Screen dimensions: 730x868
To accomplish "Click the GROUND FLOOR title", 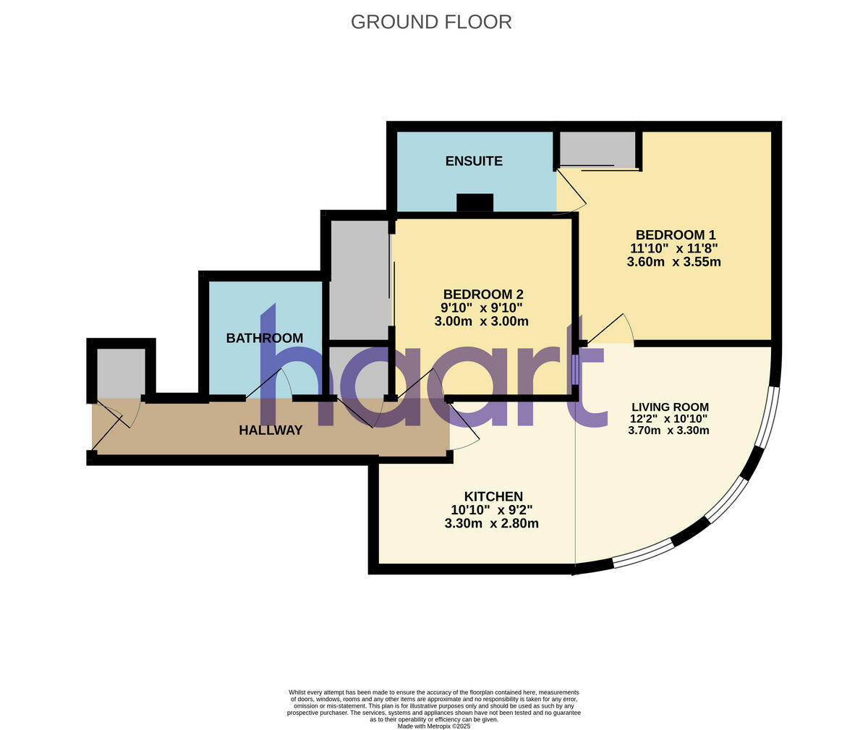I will coord(431,22).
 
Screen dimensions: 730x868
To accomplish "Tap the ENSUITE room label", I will coord(474,161).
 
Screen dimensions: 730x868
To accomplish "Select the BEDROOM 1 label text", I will coord(676,235).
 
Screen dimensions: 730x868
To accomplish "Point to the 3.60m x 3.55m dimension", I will coord(673,262).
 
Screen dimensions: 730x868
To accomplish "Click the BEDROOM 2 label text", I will coord(482,294).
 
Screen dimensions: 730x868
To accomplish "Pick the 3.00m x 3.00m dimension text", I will coord(481,321).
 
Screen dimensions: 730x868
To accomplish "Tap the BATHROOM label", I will coord(264,338).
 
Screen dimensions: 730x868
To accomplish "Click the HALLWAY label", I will coord(271,430).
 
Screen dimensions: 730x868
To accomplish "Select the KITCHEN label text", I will coord(493,496).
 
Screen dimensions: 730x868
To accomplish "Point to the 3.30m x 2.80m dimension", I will coord(491,523).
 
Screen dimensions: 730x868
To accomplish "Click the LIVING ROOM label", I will coord(670,407).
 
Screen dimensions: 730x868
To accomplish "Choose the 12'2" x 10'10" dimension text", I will coord(668,418).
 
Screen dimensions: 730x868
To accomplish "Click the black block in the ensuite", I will coord(475,203).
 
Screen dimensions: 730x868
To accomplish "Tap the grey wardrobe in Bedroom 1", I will coord(597,148).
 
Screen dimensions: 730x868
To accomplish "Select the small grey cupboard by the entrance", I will coord(120,373).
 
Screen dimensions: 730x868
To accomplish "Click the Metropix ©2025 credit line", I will coord(433,726).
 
